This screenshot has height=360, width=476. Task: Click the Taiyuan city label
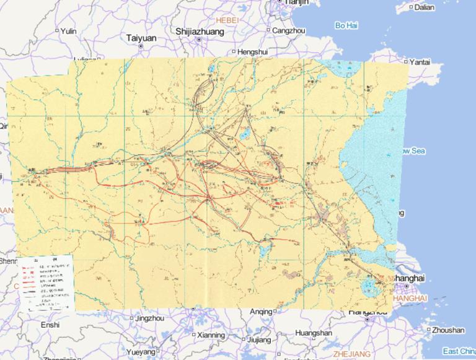[141, 38]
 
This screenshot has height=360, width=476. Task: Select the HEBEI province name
[226, 20]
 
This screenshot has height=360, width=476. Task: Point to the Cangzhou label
[289, 30]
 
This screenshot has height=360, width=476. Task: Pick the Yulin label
[68, 30]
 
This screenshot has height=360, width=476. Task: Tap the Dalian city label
[424, 7]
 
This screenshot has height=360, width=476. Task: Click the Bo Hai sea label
[346, 25]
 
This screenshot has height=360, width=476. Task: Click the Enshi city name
[50, 324]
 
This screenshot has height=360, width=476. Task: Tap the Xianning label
[211, 335]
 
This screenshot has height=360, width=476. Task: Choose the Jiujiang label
[258, 340]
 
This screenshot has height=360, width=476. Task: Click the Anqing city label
[261, 311]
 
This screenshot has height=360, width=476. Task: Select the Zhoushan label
[448, 330]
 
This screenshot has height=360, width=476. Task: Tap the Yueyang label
[141, 351]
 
